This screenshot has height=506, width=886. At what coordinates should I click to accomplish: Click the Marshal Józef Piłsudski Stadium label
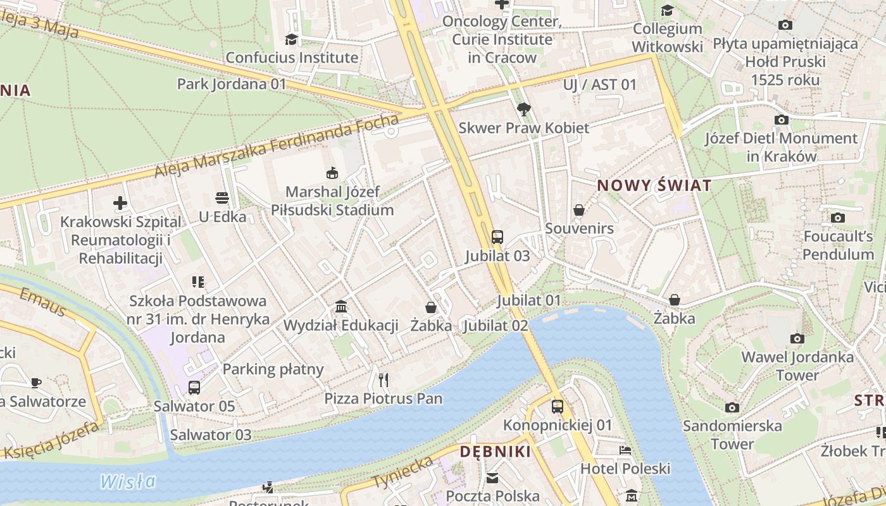(333, 201)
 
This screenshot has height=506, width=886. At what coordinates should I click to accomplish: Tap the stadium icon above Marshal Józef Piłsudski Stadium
(332, 173)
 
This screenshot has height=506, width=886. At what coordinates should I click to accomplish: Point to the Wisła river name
(128, 481)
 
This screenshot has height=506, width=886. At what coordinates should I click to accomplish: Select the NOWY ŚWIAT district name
(654, 186)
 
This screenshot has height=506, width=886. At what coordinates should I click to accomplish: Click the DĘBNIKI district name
(495, 452)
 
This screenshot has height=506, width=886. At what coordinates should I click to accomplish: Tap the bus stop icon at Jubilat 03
(497, 237)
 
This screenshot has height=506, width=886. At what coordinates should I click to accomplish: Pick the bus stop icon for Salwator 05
(194, 388)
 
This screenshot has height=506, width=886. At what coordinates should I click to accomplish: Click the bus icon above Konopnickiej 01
(557, 407)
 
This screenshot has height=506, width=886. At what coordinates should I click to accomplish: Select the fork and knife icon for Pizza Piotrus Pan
(383, 379)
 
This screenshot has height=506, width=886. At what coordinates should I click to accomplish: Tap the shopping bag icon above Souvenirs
(579, 210)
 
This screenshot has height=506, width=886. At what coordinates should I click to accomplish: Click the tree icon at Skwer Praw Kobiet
(523, 109)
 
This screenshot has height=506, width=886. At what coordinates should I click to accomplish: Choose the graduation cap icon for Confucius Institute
(291, 39)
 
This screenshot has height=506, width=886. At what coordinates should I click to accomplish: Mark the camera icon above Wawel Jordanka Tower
(797, 338)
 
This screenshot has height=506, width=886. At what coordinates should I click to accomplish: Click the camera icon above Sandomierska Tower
(732, 407)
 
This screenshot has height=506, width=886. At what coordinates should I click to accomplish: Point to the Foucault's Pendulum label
(838, 245)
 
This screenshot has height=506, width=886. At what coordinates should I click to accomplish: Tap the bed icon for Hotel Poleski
(625, 450)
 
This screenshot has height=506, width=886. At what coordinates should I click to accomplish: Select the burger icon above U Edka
(222, 198)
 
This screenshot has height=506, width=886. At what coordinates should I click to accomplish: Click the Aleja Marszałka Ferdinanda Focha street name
(277, 146)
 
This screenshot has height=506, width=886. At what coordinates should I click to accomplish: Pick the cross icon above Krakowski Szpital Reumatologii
(120, 203)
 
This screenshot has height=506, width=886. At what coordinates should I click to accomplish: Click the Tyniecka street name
(403, 472)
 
